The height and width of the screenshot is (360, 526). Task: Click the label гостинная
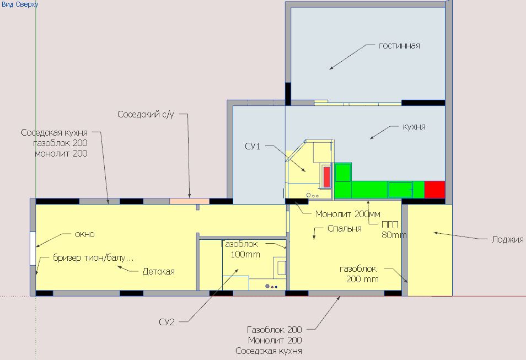[399, 46]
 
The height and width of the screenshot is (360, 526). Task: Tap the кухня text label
[414, 127]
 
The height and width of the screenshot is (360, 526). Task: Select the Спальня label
[345, 229]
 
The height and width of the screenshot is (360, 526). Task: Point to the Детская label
[159, 271]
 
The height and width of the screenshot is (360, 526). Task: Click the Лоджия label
[508, 240]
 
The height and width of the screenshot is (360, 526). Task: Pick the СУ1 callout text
[253, 147]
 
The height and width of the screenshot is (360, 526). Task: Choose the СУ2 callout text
[167, 323]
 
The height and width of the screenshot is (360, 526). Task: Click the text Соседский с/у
[146, 115]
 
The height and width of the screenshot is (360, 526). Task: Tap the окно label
[85, 234]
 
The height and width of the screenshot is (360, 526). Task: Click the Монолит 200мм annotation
[348, 214]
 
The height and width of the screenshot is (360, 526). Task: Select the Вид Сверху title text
[20, 4]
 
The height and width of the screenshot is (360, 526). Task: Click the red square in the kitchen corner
[434, 190]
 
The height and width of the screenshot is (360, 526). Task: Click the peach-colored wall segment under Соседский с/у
[189, 201]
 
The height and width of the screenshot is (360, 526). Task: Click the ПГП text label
[390, 224]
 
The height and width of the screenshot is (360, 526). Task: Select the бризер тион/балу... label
[93, 258]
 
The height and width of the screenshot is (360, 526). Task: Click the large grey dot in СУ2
[267, 286]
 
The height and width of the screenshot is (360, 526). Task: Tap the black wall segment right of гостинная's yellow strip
[423, 103]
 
